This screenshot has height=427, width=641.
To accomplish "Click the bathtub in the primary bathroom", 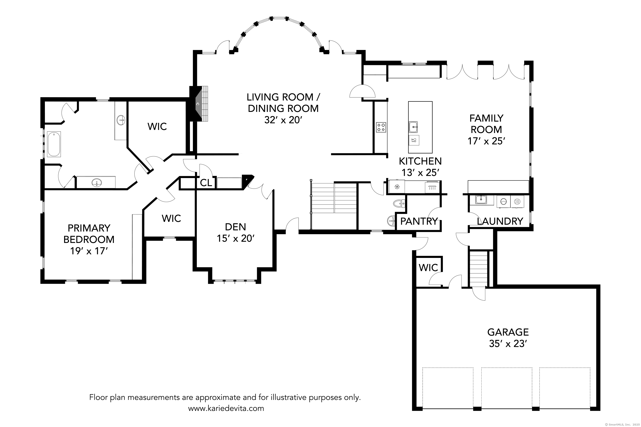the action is (54, 144).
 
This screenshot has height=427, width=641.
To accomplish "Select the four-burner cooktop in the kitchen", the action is (381, 127).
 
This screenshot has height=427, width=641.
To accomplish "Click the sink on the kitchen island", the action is (413, 127).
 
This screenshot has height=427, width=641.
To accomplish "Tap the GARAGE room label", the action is (508, 332).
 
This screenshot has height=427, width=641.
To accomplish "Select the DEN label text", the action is (235, 227).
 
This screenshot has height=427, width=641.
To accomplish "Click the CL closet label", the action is (206, 183).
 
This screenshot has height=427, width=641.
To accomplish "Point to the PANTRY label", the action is (419, 221).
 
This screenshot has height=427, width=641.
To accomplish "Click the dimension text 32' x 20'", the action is (284, 120).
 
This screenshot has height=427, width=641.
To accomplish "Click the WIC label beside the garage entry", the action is (428, 268).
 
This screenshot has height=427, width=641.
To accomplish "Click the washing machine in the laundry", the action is (503, 202).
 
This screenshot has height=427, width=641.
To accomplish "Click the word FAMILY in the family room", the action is (487, 118).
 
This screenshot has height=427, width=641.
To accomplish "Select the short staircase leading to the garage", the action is (478, 269).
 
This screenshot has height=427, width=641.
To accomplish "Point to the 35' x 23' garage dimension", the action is (507, 344).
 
